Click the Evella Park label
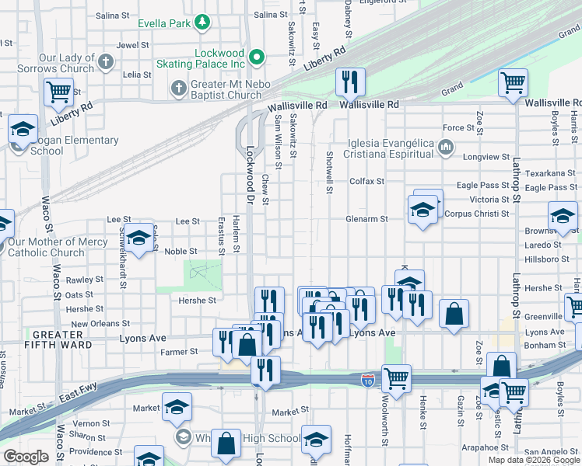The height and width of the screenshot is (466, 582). pyautogui.click(x=164, y=23)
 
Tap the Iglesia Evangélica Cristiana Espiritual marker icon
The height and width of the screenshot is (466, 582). pyautogui.click(x=446, y=146)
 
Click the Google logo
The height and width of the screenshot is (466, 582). pyautogui.click(x=26, y=457)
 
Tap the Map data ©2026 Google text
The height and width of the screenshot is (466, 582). pyautogui.click(x=533, y=460)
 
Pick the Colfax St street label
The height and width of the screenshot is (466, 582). pyautogui.click(x=367, y=181)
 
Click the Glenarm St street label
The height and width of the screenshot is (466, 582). pyautogui.click(x=367, y=220)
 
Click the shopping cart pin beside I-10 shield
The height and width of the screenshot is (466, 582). pyautogui.click(x=397, y=379)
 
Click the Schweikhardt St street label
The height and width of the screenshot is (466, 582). pyautogui.click(x=123, y=259)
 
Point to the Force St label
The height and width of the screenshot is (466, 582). pyautogui.click(x=458, y=128)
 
